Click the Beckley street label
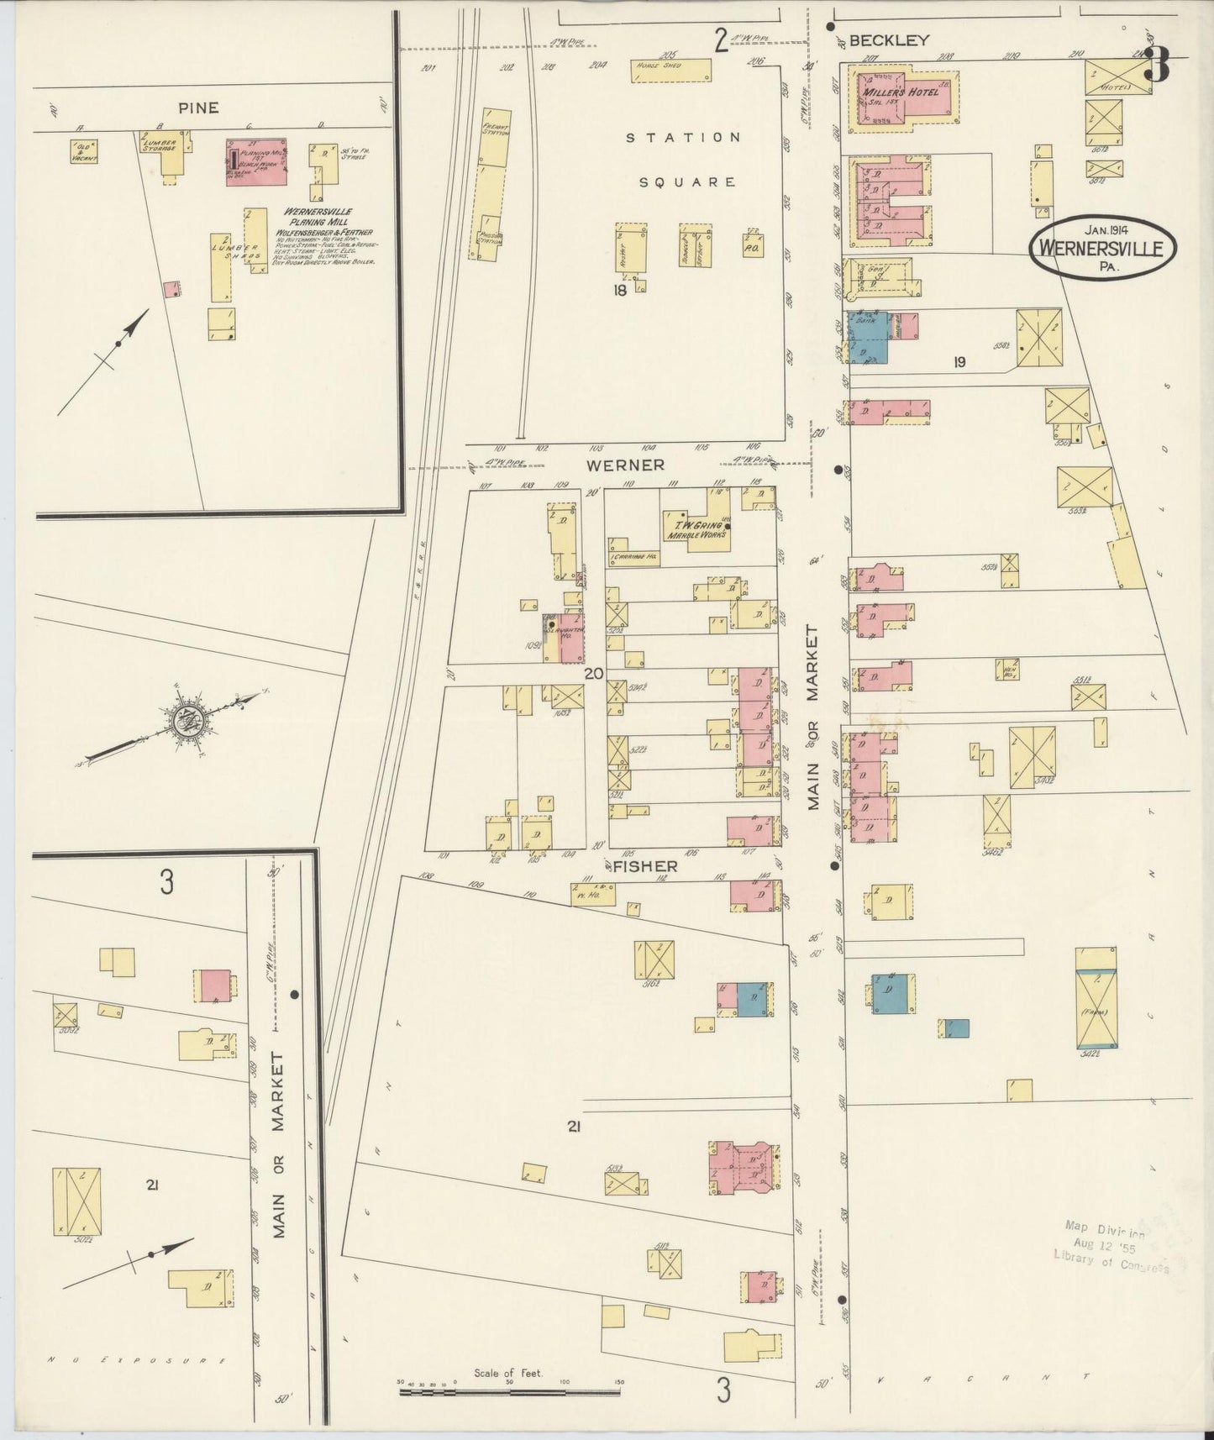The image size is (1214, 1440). pos(889,39)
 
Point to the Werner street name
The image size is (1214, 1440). pos(626,464)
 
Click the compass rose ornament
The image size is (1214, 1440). pos(182,722)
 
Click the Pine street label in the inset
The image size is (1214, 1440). pos(198,108)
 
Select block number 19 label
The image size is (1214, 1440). pos(959,362)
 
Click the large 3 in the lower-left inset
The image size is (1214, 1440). pos(166,883)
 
